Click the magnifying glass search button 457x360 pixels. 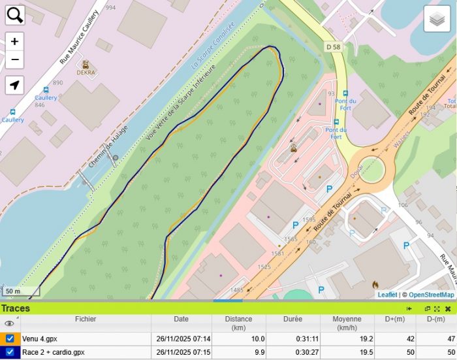click(14, 14)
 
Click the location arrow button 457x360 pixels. click(14, 85)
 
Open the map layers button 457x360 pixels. click(437, 19)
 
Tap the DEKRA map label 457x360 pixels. click(86, 73)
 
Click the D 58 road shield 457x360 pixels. click(333, 47)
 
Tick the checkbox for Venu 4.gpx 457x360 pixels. click(10, 338)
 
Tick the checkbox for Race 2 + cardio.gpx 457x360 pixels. click(10, 352)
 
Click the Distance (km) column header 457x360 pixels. click(238, 323)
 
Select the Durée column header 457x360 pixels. click(292, 319)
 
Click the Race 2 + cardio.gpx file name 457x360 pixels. click(54, 352)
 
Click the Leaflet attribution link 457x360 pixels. click(387, 295)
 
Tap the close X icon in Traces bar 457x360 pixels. click(448, 308)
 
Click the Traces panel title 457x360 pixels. click(15, 308)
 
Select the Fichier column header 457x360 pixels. click(85, 319)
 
